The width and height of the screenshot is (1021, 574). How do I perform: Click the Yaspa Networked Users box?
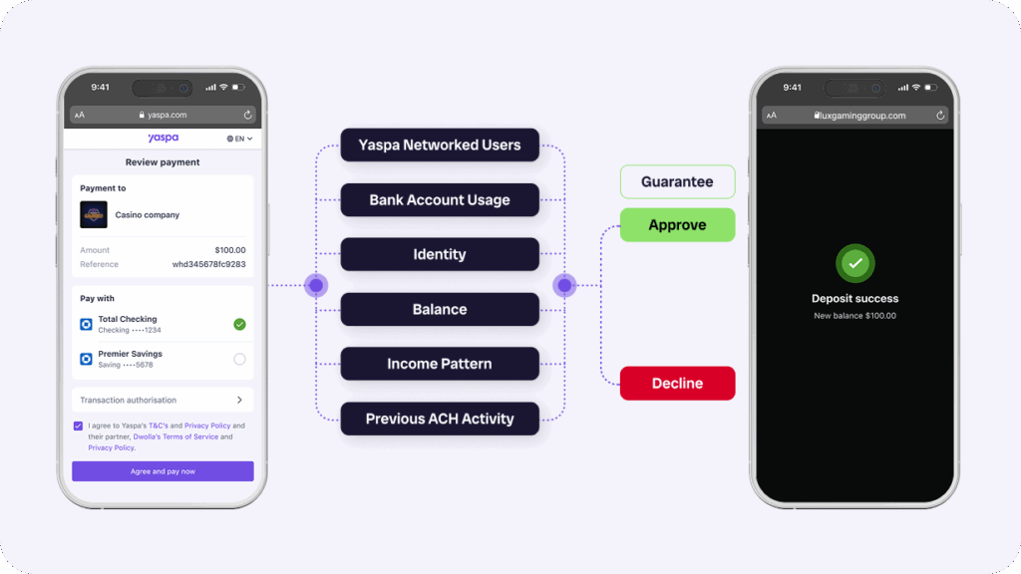[439, 145]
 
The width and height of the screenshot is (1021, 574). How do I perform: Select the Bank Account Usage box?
[439, 200]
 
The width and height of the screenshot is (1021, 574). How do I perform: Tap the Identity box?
[439, 255]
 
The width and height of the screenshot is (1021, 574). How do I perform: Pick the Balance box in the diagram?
[439, 310]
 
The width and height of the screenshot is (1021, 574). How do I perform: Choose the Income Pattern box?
[439, 365]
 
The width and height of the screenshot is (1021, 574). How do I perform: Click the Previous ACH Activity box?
[439, 420]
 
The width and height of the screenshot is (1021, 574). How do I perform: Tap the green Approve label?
[677, 225]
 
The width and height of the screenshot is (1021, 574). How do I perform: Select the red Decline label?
[677, 384]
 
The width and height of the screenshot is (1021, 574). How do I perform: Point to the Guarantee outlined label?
[677, 182]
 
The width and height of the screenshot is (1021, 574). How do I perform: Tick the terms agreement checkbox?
[79, 426]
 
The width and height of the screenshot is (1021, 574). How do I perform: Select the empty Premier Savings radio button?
[239, 359]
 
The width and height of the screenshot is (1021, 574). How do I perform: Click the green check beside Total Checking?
[239, 324]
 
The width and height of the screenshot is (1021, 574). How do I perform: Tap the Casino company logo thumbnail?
[94, 215]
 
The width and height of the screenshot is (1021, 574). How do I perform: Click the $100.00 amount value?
[230, 250]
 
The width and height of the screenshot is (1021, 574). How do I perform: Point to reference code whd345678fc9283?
[209, 265]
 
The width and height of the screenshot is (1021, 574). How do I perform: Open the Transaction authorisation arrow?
[239, 400]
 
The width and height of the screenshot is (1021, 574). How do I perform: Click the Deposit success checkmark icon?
[854, 264]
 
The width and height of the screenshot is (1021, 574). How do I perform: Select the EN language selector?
[239, 139]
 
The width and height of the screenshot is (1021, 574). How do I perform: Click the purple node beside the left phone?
[316, 286]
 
